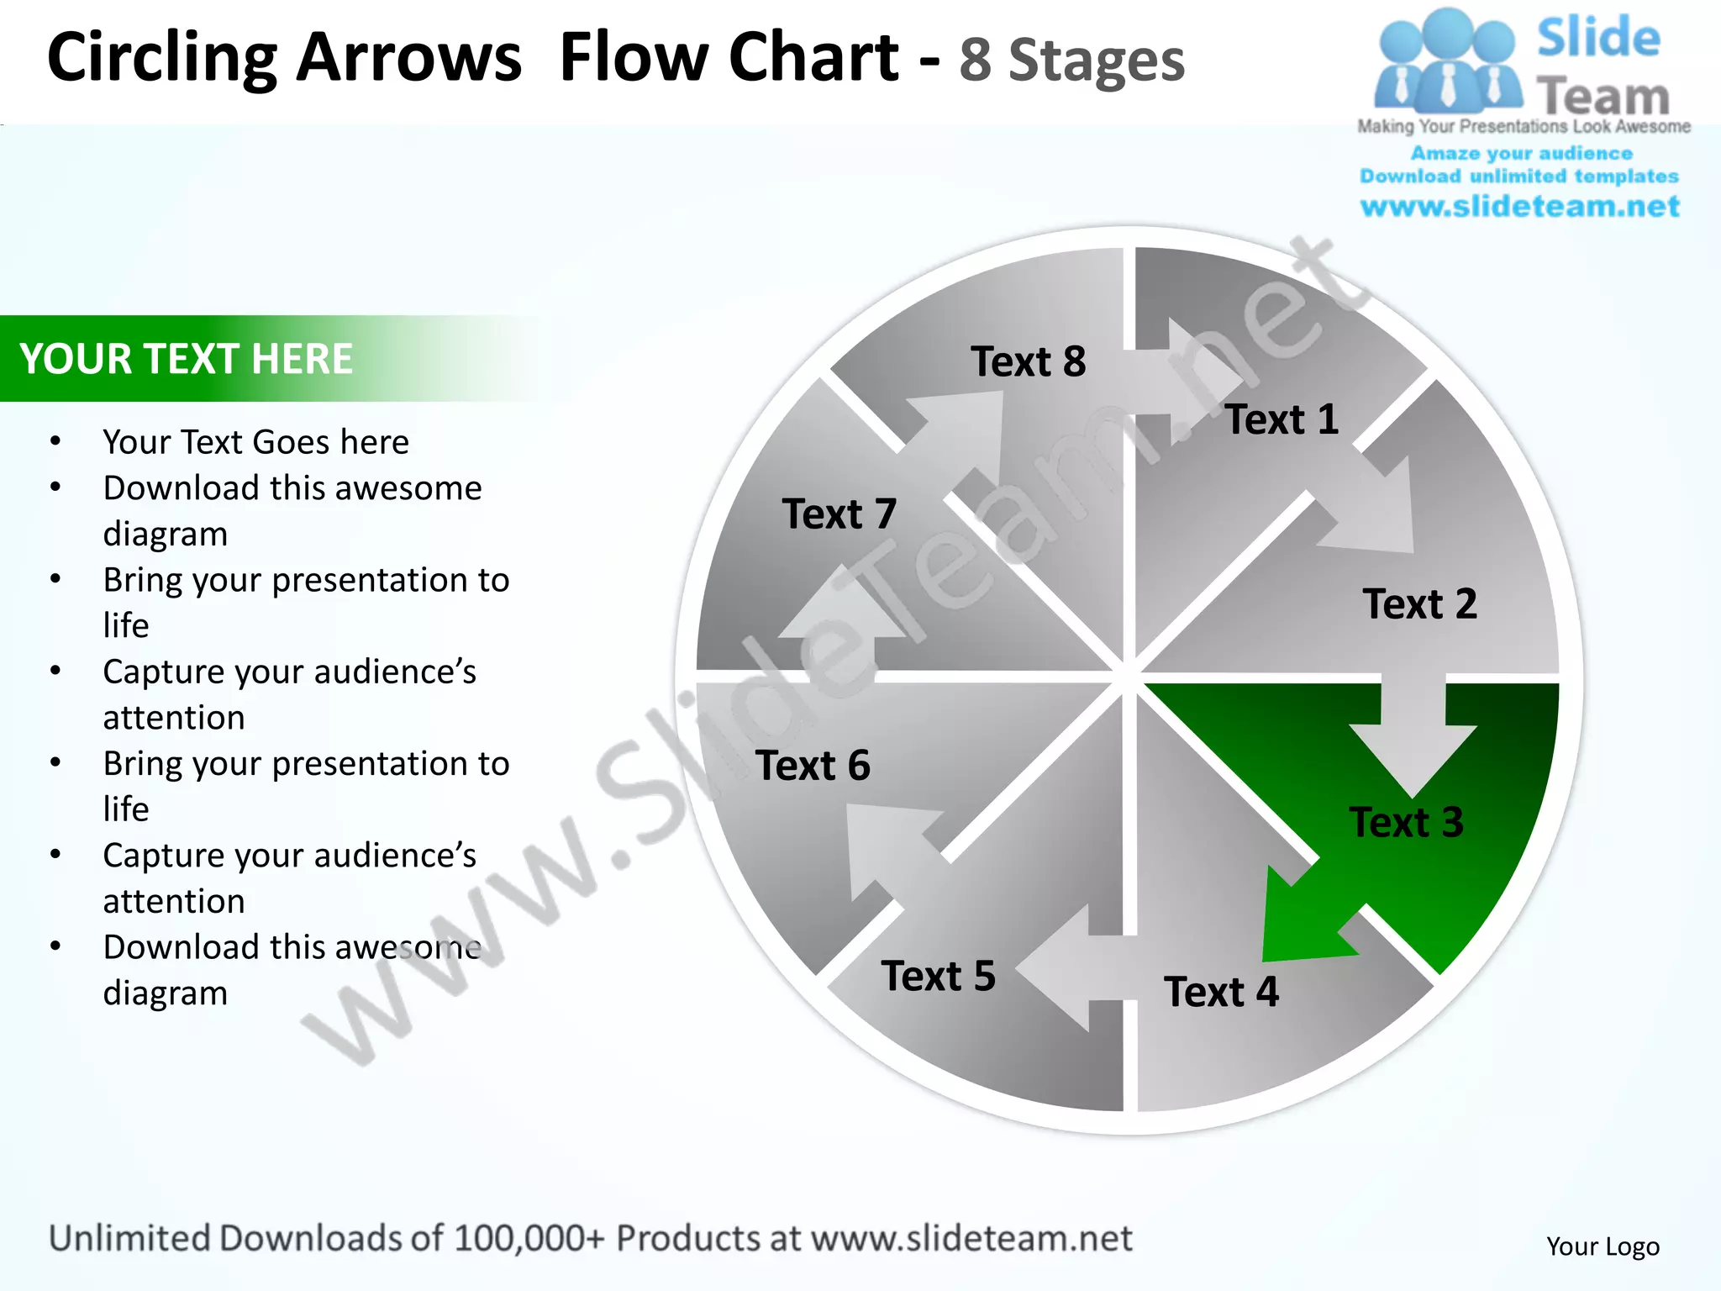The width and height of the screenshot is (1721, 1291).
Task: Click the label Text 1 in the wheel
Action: (x=1282, y=419)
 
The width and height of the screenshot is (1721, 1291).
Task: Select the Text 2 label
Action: (x=1419, y=603)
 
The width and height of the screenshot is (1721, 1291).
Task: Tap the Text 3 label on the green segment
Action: (x=1406, y=822)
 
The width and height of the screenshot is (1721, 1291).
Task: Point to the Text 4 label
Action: (x=1221, y=992)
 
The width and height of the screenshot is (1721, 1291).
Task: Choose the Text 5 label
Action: (x=938, y=976)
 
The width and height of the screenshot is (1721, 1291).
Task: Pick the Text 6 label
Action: (x=813, y=765)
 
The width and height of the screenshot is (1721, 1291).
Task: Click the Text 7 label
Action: (x=839, y=514)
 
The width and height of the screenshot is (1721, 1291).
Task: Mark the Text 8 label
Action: (x=1028, y=361)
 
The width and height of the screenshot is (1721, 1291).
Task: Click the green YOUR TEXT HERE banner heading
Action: (x=186, y=359)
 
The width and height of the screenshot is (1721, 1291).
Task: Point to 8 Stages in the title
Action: (x=1071, y=61)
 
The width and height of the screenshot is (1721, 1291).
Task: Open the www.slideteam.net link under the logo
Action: (x=1519, y=206)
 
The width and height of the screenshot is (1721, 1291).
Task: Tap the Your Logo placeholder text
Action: (x=1603, y=1246)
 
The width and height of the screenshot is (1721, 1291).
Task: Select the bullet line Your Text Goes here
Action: (x=255, y=442)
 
